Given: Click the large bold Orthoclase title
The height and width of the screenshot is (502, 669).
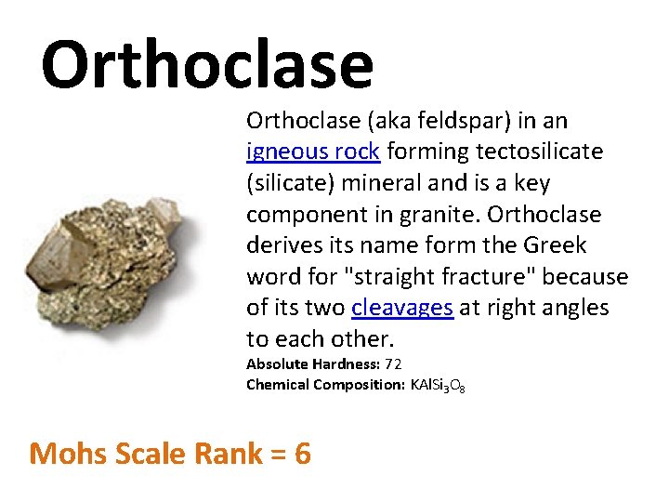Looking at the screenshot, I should (x=207, y=65).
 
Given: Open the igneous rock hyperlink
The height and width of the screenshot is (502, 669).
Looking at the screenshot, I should (x=313, y=152).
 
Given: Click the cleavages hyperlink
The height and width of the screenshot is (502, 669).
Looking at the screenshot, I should (x=402, y=308).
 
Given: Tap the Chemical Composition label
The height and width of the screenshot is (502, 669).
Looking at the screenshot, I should (x=325, y=385).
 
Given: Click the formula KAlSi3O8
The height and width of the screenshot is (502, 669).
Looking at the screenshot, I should (x=438, y=386).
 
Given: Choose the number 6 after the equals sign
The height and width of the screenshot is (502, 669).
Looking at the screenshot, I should (x=302, y=454).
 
